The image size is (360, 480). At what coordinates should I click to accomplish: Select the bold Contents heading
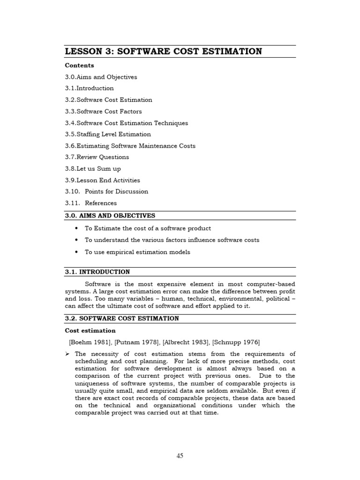tap(79, 65)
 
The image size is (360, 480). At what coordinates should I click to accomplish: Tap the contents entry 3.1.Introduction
tap(89, 88)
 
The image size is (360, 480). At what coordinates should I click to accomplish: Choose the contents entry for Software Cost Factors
tap(103, 111)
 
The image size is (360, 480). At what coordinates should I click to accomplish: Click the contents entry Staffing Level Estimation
tap(108, 134)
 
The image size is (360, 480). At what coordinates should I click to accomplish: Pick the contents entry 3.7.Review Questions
tap(97, 157)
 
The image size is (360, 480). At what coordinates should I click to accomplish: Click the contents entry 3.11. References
tap(91, 203)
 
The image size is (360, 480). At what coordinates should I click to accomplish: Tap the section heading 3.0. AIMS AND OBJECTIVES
tap(110, 216)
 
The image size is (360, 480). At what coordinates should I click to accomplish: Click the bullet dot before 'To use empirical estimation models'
tap(76, 252)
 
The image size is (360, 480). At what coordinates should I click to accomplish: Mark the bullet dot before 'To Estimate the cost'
tap(76, 228)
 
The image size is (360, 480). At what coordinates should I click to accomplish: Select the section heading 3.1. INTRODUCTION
tap(97, 272)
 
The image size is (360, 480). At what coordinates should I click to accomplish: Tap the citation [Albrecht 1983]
tap(185, 342)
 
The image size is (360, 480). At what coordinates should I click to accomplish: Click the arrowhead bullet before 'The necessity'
tap(68, 354)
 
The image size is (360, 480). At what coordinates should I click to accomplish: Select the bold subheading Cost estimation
tap(90, 330)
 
